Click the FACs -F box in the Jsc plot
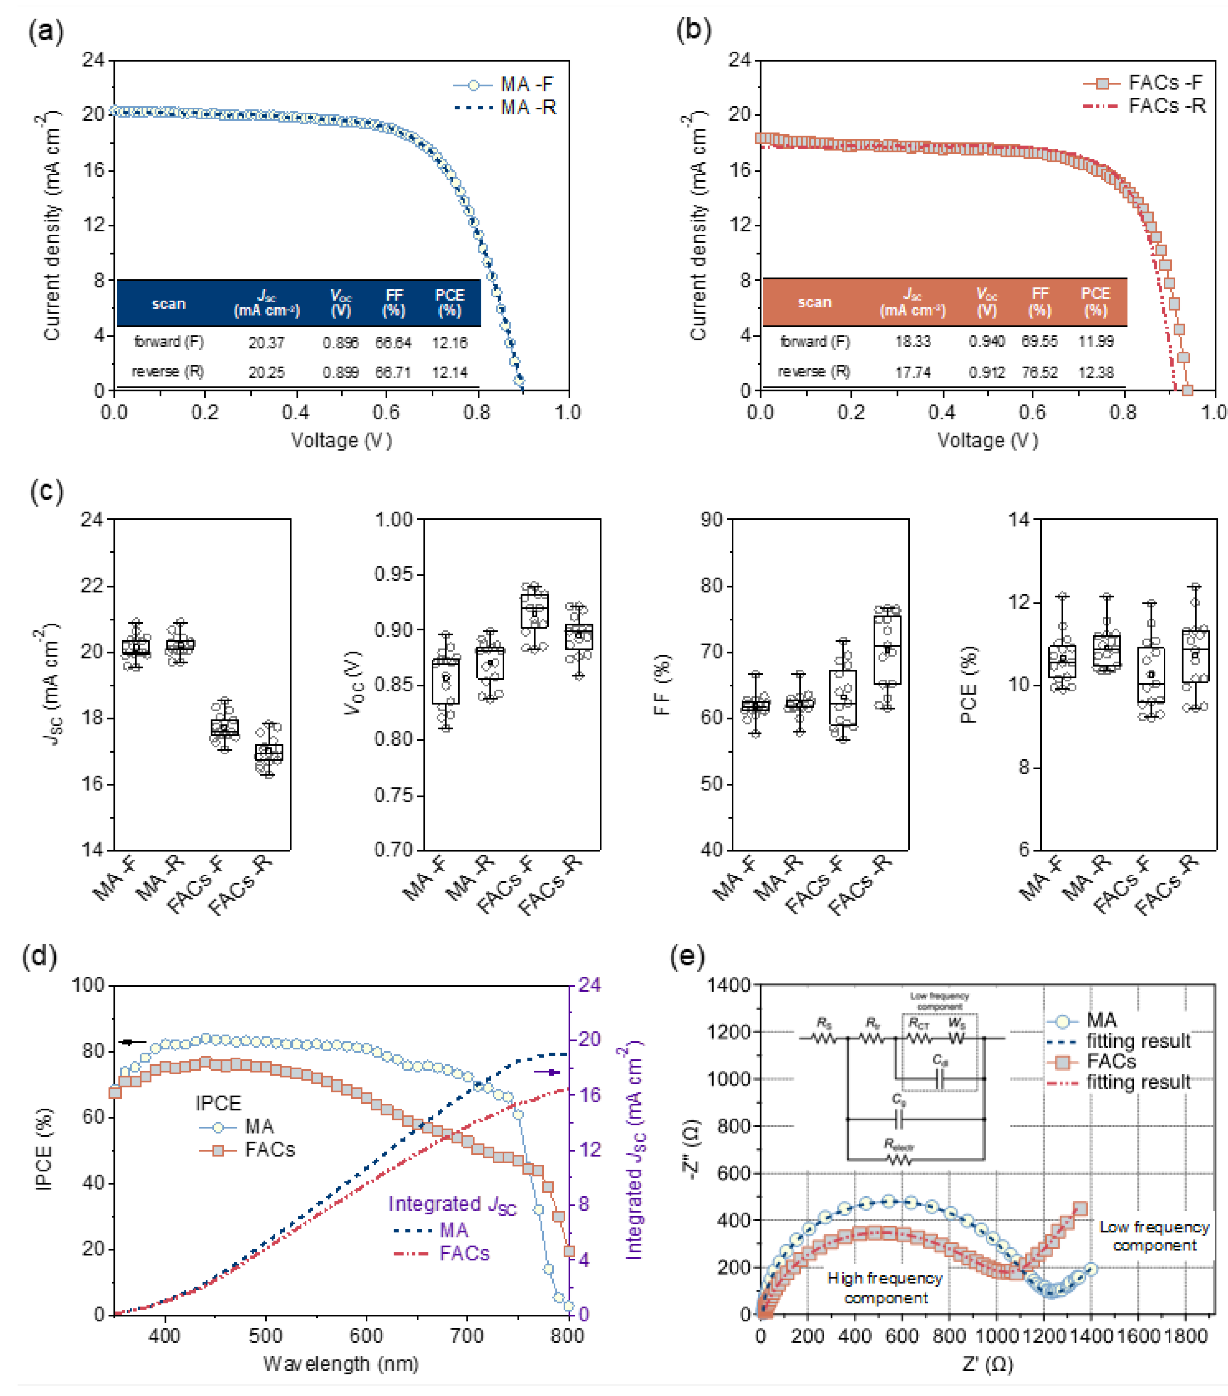[224, 727]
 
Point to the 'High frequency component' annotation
[885, 1288]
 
